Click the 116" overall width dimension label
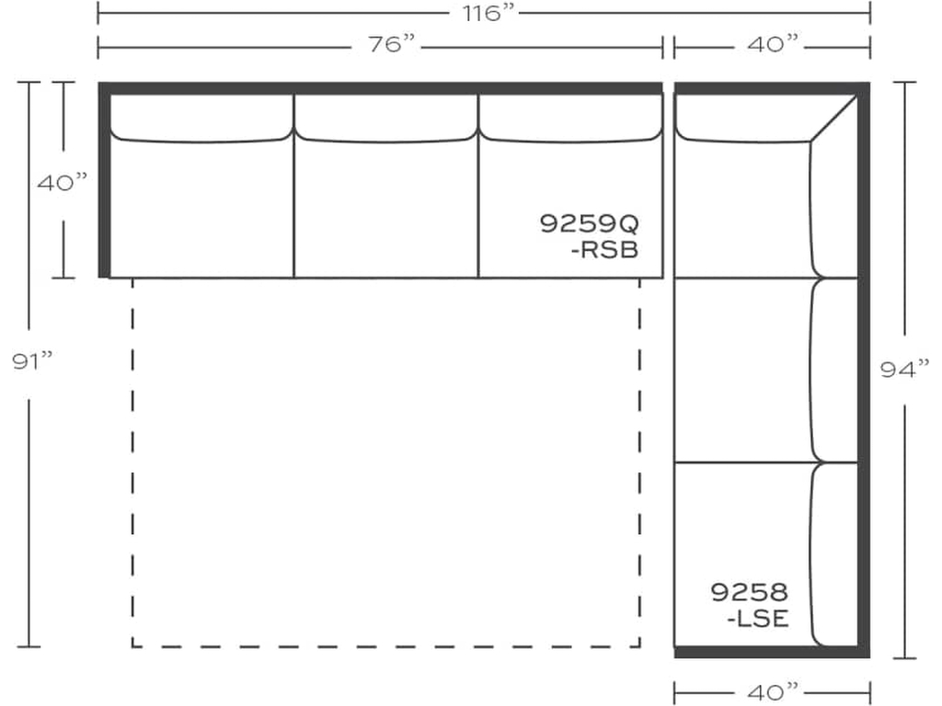(x=488, y=13)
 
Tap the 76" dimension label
(x=392, y=44)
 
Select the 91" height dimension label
(x=32, y=360)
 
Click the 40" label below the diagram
(x=773, y=692)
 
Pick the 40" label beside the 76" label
(x=773, y=44)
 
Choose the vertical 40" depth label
(x=62, y=182)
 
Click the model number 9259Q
(x=590, y=223)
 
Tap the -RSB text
(x=604, y=250)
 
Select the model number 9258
(x=749, y=592)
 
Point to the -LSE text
(x=758, y=619)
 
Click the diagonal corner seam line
(x=833, y=119)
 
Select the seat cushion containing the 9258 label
(x=742, y=554)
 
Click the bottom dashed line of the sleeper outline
(x=385, y=646)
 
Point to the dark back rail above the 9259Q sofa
(x=380, y=87)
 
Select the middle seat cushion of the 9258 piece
(x=742, y=370)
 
